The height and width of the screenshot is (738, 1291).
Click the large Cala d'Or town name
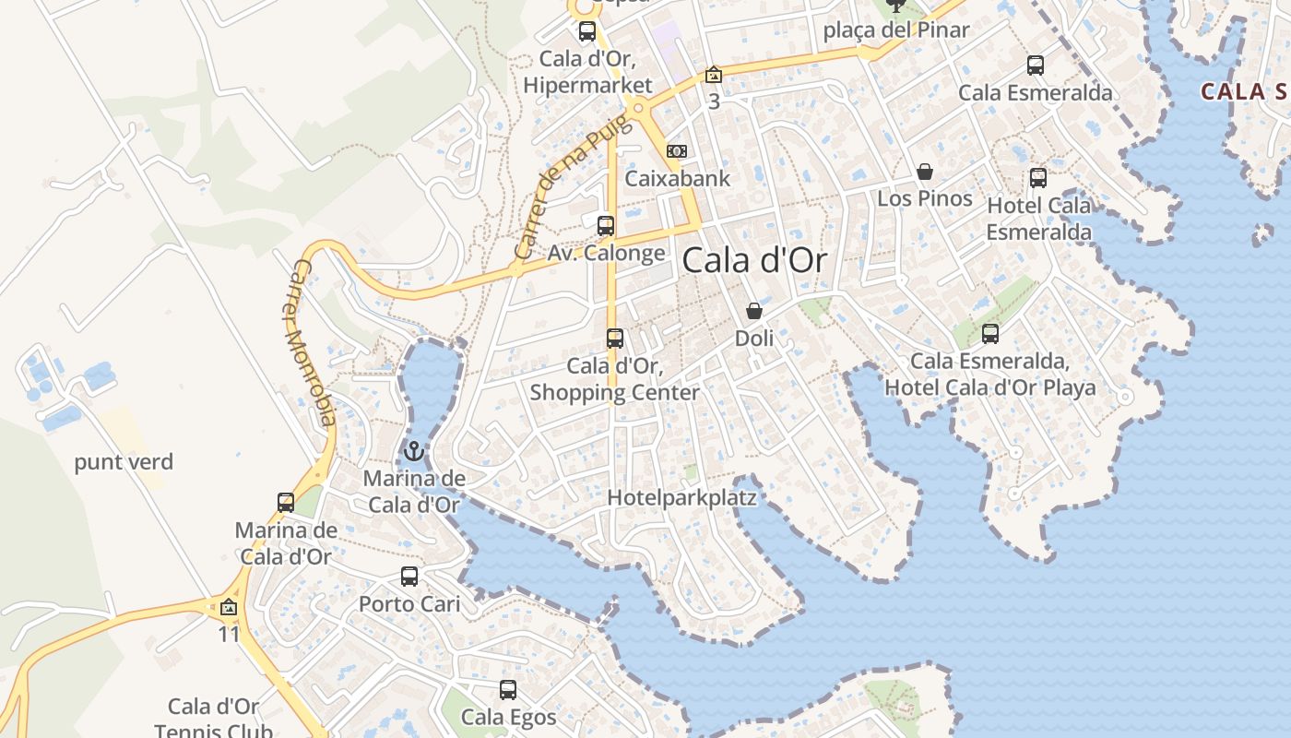(754, 261)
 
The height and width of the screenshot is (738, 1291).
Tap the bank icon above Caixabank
(677, 151)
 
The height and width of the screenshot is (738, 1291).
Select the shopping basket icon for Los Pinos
(925, 173)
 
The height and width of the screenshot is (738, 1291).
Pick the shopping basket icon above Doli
(753, 311)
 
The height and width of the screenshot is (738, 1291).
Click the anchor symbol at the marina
(414, 452)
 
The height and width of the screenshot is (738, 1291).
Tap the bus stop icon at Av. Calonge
(606, 225)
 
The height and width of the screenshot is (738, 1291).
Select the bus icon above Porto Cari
(409, 577)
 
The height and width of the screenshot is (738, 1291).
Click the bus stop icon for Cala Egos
(508, 689)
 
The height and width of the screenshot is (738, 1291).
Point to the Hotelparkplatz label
(681, 498)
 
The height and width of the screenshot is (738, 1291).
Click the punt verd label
(124, 462)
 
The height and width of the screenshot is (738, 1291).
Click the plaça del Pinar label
(895, 30)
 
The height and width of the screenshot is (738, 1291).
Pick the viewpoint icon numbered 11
(229, 607)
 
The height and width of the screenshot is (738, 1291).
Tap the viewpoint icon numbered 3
(714, 75)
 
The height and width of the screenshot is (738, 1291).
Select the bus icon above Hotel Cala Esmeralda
(1038, 178)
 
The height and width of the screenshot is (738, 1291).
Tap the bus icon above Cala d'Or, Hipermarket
(587, 31)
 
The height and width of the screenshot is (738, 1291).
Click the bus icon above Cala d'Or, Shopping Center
(615, 339)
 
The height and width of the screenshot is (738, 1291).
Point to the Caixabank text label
(677, 179)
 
